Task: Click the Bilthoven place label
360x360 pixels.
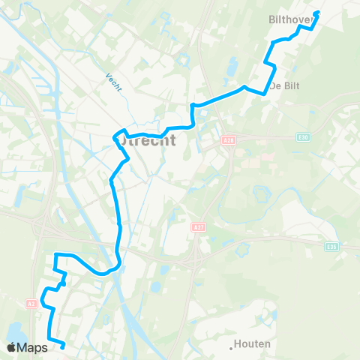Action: pos(305,21)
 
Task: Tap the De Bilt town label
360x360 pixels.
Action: pos(284,85)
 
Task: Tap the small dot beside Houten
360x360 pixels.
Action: pos(232,347)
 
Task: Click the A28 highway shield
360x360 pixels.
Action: pos(229,139)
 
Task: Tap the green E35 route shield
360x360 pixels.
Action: pos(331,245)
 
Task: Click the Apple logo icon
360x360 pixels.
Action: pos(12,347)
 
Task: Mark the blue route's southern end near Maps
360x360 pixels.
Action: pos(63,346)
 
